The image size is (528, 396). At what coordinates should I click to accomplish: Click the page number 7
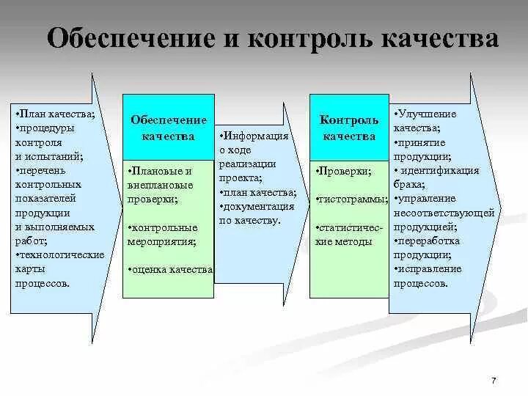click(x=494, y=380)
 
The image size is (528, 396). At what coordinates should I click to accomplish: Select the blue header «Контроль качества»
click(x=349, y=127)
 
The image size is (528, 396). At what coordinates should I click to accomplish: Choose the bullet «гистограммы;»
click(x=351, y=199)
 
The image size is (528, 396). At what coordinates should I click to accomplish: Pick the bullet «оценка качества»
click(x=170, y=269)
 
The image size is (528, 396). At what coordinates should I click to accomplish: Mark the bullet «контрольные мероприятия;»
click(x=163, y=233)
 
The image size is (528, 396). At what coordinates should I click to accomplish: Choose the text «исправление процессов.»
click(x=428, y=276)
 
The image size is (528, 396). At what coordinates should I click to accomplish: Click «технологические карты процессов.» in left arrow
click(x=59, y=268)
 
